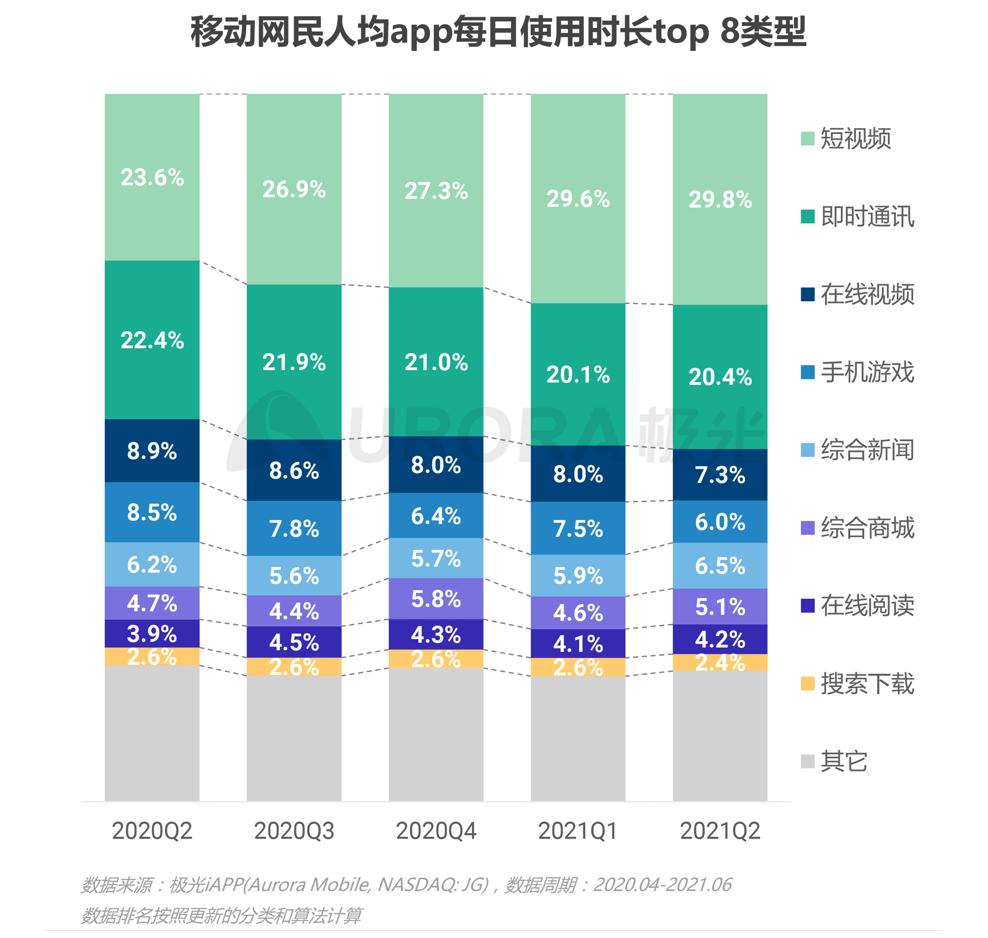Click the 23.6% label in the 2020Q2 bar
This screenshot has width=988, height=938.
152,177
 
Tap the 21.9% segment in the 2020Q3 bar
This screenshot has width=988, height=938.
294,362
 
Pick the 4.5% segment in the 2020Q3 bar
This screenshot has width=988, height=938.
294,642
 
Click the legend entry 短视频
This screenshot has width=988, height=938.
855,138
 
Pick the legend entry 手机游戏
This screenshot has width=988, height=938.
867,372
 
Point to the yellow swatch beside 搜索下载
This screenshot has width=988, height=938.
807,683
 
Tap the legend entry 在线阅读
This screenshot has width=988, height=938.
867,605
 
